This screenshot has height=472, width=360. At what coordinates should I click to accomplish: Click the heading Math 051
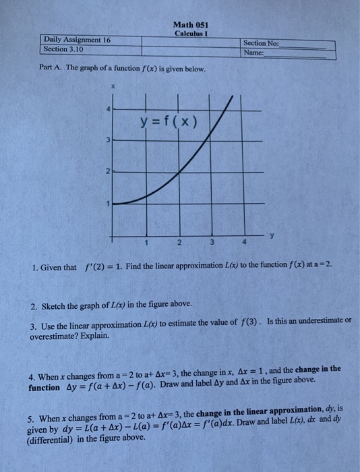click(191, 25)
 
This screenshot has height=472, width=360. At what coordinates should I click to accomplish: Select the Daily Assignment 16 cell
click(77, 40)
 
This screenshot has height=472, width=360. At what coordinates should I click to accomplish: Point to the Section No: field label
click(261, 42)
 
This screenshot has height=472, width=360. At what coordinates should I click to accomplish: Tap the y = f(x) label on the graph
click(168, 121)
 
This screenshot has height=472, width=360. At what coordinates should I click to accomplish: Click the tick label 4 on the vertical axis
click(106, 110)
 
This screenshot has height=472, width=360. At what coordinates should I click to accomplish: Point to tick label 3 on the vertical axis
click(106, 141)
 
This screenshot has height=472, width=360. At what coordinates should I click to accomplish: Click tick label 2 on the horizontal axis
click(179, 243)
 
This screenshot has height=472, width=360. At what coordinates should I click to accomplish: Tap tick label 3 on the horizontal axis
click(212, 243)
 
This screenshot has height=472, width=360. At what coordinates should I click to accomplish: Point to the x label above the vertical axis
click(115, 87)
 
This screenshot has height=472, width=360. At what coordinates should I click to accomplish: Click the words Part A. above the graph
click(51, 69)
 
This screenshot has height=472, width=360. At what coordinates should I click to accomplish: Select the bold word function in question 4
click(44, 388)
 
